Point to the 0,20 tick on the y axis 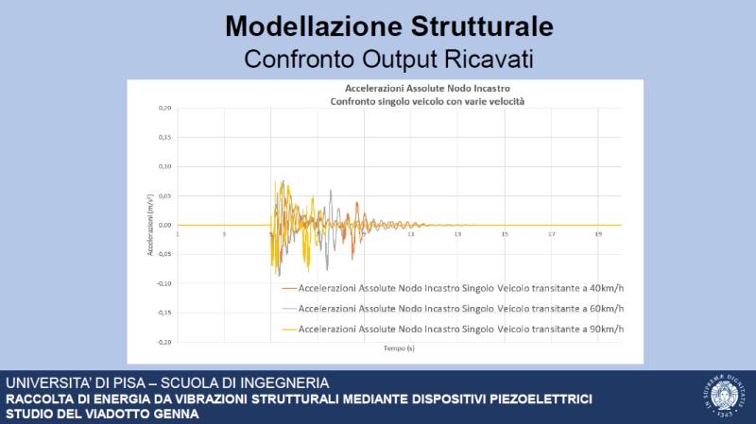pyautogui.click(x=164, y=109)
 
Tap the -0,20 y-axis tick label pyautogui.click(x=163, y=342)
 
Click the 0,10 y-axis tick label pyautogui.click(x=164, y=167)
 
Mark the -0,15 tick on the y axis pyautogui.click(x=163, y=313)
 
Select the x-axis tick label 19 pyautogui.click(x=598, y=234)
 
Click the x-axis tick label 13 pyautogui.click(x=458, y=234)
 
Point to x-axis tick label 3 pyautogui.click(x=224, y=234)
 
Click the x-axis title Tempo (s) pyautogui.click(x=399, y=348)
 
